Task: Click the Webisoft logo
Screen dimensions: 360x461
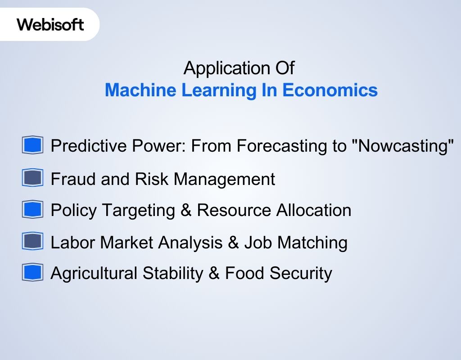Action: tap(50, 24)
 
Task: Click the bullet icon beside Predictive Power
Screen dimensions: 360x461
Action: tap(32, 146)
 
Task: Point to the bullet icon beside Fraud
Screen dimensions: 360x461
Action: tap(32, 179)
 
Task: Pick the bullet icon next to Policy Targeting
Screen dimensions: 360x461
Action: tap(32, 210)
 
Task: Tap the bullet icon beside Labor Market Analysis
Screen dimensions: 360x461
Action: tap(32, 242)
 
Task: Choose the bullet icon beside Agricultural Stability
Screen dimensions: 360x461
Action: tap(32, 273)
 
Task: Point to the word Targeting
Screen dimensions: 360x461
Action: tap(138, 210)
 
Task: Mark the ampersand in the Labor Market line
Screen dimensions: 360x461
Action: tap(233, 243)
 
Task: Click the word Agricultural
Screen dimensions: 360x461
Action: tap(94, 273)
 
